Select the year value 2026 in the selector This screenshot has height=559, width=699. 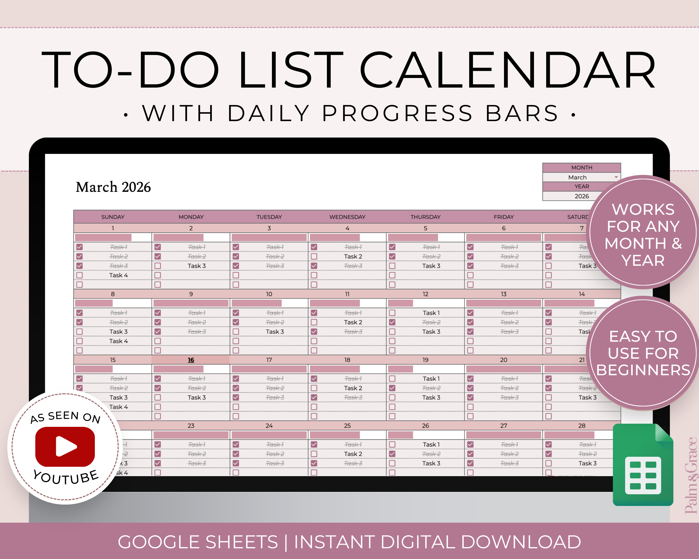582,196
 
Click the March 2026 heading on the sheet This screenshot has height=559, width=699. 113,187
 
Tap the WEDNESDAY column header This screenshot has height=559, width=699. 347,217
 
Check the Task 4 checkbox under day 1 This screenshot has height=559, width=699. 79,275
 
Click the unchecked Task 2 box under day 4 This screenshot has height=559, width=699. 314,256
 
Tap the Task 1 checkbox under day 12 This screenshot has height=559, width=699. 392,313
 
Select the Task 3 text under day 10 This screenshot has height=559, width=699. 275,331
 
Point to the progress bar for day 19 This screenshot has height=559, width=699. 400,369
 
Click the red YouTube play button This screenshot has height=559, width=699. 65,447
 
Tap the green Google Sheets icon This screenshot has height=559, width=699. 643,465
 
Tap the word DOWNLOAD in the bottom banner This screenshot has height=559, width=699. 521,542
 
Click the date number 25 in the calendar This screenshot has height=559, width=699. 347,426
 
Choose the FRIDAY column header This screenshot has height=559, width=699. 504,217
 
